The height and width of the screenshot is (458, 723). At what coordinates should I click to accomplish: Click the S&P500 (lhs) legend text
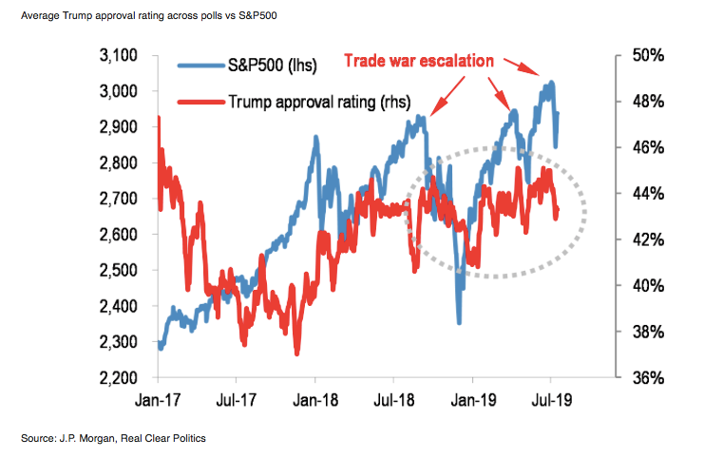(271, 66)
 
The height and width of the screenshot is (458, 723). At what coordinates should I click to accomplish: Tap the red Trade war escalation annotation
(418, 61)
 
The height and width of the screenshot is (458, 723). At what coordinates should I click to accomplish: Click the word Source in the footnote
(38, 438)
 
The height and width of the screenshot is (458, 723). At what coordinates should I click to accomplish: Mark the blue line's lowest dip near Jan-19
(459, 323)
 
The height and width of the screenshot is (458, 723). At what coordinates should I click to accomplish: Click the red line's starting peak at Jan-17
(158, 118)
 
